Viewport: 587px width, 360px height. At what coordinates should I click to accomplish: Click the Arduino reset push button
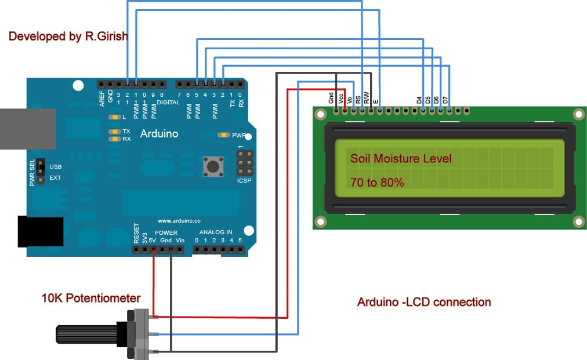point(213,167)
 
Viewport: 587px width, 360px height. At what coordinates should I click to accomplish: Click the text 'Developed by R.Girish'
point(68,37)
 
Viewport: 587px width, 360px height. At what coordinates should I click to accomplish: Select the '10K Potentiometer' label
point(91,299)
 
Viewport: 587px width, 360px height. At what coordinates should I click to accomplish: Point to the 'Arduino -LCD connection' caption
point(424,302)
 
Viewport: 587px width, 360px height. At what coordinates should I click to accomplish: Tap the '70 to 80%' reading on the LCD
point(377,183)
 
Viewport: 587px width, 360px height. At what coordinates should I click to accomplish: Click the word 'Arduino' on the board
point(159,134)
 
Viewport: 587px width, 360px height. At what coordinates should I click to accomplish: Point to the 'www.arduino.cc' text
point(179,221)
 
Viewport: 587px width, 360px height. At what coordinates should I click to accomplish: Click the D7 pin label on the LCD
point(445,100)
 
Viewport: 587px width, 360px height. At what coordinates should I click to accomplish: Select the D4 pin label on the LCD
point(419,100)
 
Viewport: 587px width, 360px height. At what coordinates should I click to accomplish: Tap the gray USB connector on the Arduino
point(26,128)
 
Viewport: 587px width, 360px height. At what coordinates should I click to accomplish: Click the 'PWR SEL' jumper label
point(32,173)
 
